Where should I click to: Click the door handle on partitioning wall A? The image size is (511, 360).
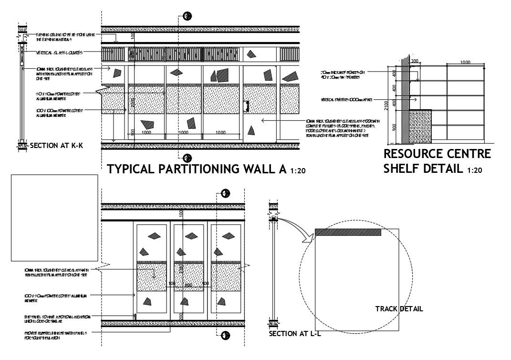[247, 106]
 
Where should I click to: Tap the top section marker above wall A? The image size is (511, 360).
[188, 16]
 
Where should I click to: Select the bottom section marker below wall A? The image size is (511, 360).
[188, 158]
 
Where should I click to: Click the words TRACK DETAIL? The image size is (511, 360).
[399, 309]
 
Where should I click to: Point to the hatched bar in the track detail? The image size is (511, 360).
[348, 232]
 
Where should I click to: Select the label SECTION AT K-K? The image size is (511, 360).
[56, 146]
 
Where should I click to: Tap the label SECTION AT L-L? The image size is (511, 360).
[295, 334]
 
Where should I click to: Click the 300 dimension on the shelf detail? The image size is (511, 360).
[414, 61]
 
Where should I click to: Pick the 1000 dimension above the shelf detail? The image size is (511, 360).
[465, 63]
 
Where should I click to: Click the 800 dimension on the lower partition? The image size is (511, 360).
[188, 285]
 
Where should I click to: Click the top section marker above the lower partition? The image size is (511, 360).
[226, 193]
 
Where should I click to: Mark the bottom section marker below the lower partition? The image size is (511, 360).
[226, 335]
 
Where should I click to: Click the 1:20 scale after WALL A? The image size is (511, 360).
[298, 171]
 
